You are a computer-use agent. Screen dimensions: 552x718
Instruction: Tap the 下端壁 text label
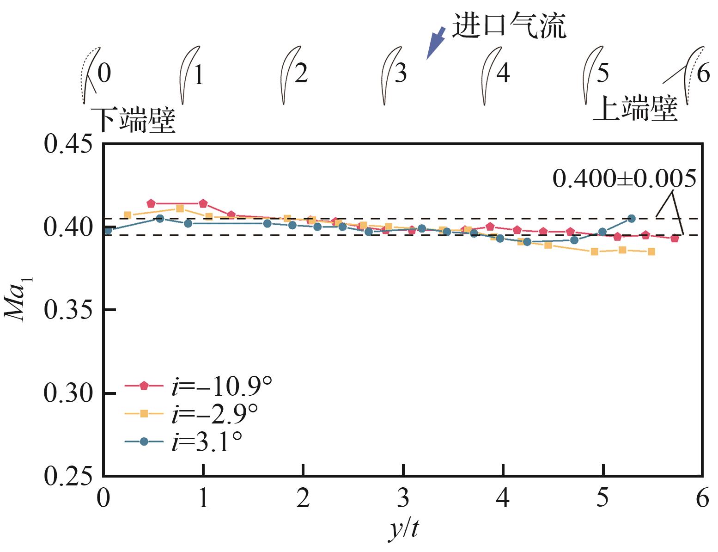point(134,121)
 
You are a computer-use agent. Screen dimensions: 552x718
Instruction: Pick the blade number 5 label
point(602,73)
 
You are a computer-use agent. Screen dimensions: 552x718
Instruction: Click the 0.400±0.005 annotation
point(624,179)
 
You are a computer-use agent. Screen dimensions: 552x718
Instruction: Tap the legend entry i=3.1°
point(185,441)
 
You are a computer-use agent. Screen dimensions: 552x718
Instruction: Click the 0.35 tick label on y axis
point(67,310)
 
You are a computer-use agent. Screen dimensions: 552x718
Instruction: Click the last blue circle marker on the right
point(632,218)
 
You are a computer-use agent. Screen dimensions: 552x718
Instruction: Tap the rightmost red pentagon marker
point(675,239)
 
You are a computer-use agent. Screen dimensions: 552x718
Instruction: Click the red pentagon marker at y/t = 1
point(203,203)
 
